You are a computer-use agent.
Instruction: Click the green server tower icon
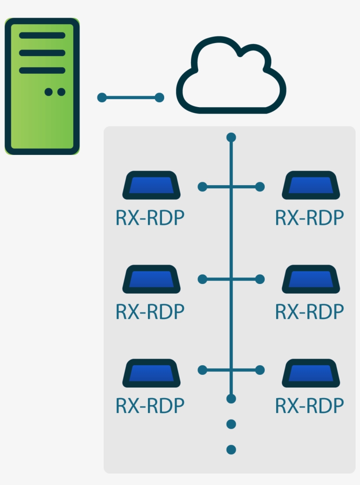[42, 86]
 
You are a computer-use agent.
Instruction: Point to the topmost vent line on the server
[42, 36]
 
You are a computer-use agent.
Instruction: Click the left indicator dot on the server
[49, 92]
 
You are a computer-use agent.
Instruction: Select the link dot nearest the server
[102, 97]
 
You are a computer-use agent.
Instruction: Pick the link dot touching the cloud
[159, 97]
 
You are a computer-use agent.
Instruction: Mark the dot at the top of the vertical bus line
[231, 138]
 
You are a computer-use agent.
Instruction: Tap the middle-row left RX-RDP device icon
[151, 279]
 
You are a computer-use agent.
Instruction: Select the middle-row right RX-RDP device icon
[311, 279]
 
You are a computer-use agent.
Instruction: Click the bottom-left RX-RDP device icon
[151, 373]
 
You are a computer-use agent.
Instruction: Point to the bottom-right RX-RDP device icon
[311, 373]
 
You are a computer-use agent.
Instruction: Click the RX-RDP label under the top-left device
[150, 218]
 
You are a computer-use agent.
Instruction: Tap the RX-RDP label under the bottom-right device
[310, 406]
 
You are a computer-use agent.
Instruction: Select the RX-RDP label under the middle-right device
[310, 312]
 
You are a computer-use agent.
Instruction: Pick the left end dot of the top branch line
[202, 187]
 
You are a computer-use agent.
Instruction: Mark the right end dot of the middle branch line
[260, 279]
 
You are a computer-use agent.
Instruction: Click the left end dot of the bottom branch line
[202, 370]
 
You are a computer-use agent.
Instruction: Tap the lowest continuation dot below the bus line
[231, 449]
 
